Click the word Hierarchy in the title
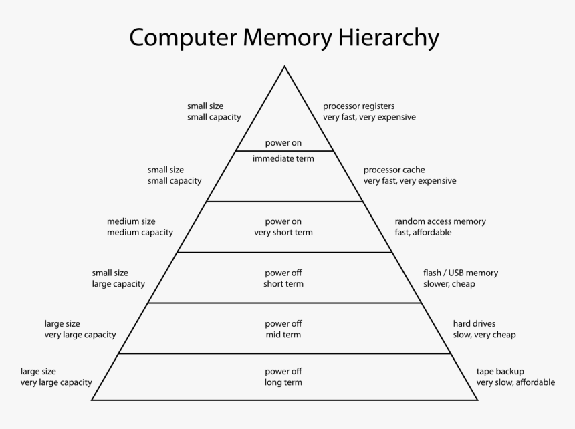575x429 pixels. (388, 37)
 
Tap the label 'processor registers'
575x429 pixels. (358, 106)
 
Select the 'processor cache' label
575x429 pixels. (394, 170)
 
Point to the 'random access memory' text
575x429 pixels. (440, 221)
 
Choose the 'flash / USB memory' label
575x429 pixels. (460, 273)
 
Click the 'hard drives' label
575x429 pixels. (474, 324)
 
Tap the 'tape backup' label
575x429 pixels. (500, 371)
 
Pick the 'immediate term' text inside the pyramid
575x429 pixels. (283, 158)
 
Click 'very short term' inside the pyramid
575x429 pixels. (283, 233)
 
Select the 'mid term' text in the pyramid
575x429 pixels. (283, 335)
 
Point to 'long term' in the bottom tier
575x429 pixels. (283, 382)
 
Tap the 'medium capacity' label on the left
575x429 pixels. (140, 233)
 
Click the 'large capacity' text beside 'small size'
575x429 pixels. (118, 284)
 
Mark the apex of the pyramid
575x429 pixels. (285, 67)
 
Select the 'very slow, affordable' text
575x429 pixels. (515, 382)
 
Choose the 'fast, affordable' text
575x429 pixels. (423, 233)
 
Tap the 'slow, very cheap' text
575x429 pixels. (484, 335)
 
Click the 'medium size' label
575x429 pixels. (131, 221)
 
